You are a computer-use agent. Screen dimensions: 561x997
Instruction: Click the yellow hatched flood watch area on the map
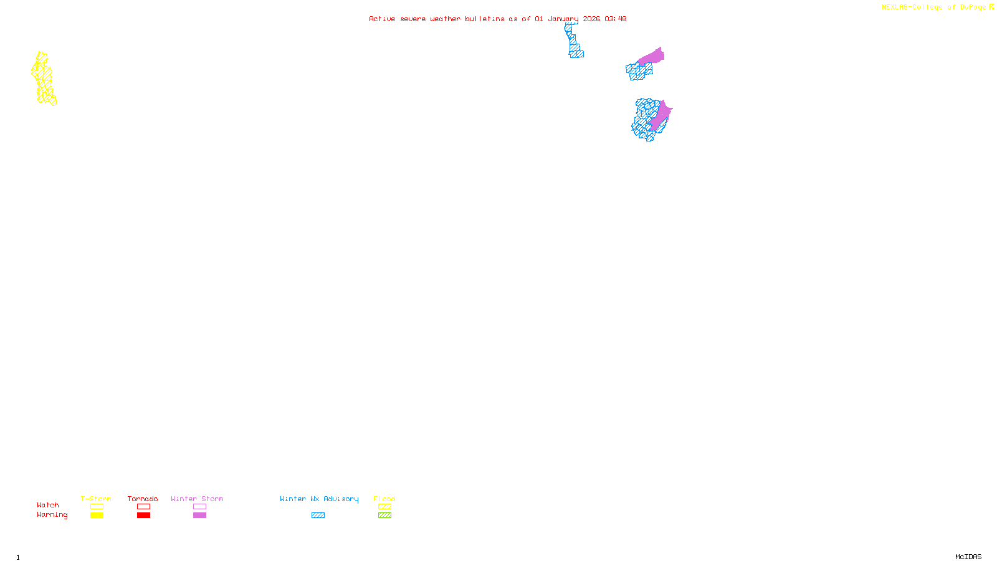pos(43,79)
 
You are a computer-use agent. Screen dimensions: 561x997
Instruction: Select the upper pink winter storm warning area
pos(652,57)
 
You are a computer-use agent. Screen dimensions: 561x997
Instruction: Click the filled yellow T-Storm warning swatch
pos(97,515)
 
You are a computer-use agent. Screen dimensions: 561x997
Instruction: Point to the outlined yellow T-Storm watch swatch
pos(97,507)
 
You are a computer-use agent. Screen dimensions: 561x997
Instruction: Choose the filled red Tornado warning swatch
pos(143,515)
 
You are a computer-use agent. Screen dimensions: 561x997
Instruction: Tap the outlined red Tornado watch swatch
pos(143,507)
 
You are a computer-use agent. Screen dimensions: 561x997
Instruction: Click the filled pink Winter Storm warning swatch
pos(199,515)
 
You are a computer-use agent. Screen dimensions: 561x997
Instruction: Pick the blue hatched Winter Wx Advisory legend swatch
pos(318,515)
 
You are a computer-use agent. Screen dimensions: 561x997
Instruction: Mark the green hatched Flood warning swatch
pos(384,515)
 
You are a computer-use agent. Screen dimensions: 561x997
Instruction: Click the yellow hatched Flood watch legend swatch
pos(384,507)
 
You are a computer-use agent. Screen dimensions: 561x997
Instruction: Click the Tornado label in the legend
pos(143,499)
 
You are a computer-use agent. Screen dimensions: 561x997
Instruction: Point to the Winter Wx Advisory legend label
pos(319,499)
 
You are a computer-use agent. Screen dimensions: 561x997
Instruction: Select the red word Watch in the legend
pos(48,505)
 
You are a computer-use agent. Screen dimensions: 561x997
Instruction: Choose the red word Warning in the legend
pos(52,515)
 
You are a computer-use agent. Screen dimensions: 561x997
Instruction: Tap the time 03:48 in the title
pos(615,19)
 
